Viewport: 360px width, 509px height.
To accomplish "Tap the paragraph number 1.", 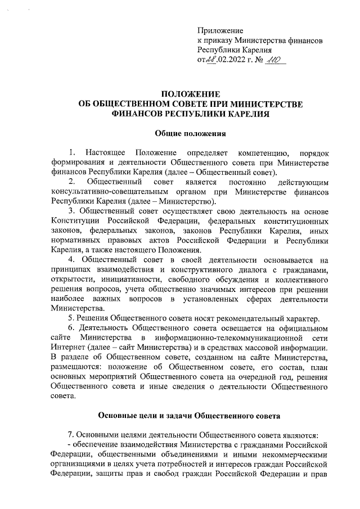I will pos(71,153).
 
